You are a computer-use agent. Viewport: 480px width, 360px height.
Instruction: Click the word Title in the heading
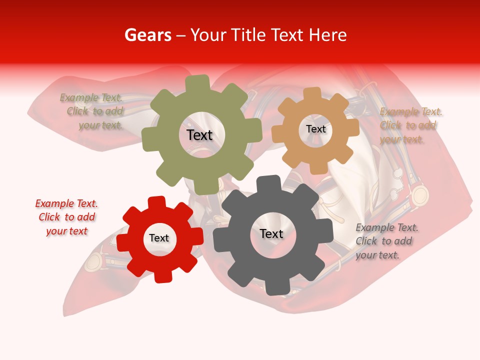pyautogui.click(x=248, y=35)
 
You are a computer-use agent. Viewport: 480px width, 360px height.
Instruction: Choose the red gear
pyautogui.click(x=135, y=255)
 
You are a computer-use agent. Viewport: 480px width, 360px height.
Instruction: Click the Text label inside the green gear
pyautogui.click(x=199, y=135)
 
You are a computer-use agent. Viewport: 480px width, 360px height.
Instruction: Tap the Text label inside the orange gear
pyautogui.click(x=315, y=129)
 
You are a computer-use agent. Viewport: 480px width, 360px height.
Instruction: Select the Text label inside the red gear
pyautogui.click(x=159, y=238)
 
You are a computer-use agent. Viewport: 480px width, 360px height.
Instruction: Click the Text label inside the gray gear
pyautogui.click(x=271, y=234)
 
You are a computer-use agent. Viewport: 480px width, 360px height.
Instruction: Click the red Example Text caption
pyautogui.click(x=66, y=217)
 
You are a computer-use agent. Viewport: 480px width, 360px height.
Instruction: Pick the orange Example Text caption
pyautogui.click(x=410, y=125)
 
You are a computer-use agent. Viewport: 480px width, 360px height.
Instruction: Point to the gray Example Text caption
pyautogui.click(x=386, y=241)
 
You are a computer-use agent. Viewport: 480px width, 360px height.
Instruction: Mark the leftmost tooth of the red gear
pyautogui.click(x=123, y=242)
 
